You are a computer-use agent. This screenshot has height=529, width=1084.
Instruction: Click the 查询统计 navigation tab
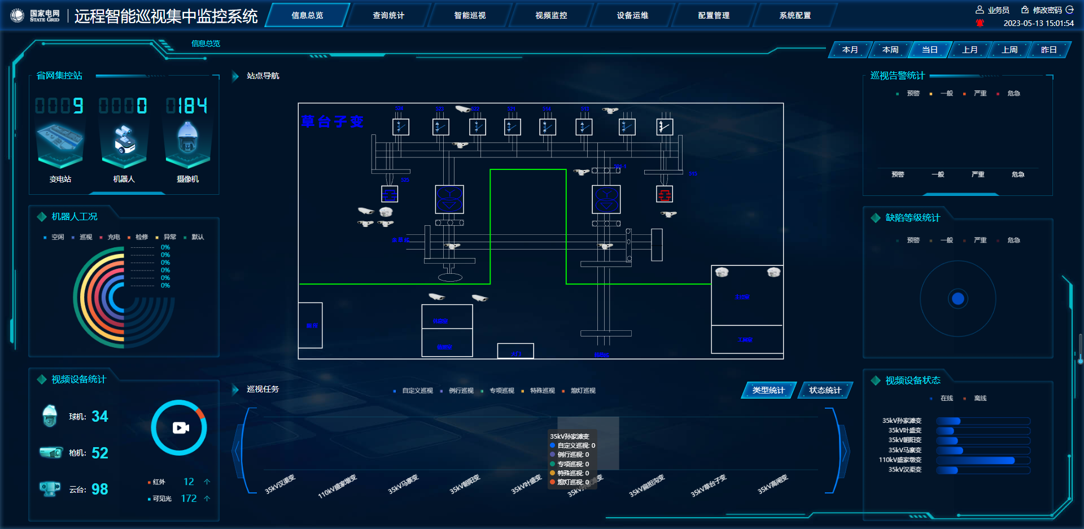coord(388,15)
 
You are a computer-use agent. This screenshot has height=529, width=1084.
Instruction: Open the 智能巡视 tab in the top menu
coord(470,15)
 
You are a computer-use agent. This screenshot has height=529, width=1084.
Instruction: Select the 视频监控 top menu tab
coord(551,15)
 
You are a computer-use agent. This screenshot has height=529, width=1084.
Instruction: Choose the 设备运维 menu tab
coord(632,15)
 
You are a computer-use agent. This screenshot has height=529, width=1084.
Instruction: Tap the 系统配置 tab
coord(795,15)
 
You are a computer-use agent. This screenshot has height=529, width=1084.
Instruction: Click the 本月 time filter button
coord(850,50)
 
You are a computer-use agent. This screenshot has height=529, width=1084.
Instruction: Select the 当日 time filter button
coord(929,50)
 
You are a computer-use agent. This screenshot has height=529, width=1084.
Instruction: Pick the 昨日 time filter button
coord(1048,50)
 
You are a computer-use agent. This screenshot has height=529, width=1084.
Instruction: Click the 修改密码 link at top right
coord(1047,10)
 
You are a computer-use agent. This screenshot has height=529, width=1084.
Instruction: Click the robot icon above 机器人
coord(124,141)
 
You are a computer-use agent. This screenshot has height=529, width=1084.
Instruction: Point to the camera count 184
coord(187,106)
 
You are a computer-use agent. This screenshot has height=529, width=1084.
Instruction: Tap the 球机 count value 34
coord(100,417)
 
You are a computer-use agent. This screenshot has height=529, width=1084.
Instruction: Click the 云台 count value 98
coord(100,489)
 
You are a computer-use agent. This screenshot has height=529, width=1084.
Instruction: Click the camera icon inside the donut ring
coord(180,428)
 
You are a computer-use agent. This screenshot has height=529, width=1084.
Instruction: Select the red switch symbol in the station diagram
coord(665,195)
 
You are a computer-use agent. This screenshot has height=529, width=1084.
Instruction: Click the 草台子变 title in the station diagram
coord(332,121)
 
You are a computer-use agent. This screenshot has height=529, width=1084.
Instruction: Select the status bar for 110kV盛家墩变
coord(976,460)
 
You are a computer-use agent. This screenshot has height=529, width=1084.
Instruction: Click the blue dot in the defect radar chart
coord(958,299)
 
